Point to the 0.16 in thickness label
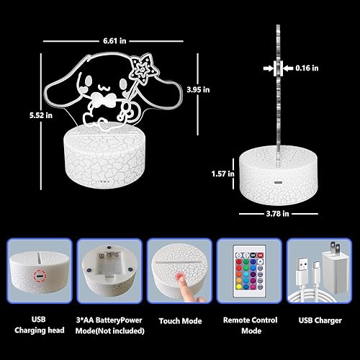(307, 69)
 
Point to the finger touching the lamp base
(181, 293)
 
